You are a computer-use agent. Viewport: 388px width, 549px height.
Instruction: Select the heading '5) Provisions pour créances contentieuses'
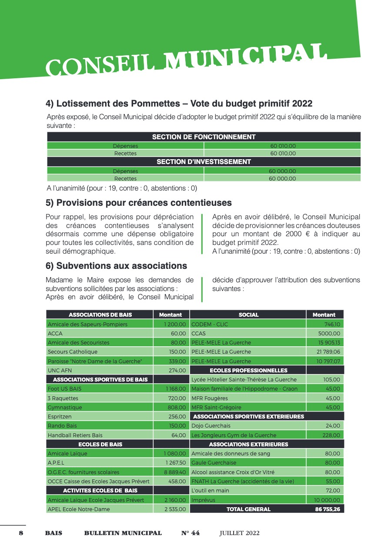[139, 203]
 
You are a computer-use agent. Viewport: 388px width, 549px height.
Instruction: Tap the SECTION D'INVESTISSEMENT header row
[204, 162]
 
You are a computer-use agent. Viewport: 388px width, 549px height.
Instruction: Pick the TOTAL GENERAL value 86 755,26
[328, 509]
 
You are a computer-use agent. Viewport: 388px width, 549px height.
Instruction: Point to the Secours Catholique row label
[73, 351]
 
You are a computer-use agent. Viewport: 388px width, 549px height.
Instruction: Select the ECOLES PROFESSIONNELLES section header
[248, 370]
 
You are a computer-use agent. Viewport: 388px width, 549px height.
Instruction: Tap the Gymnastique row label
[65, 408]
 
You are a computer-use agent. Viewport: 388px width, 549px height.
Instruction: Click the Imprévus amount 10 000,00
[327, 500]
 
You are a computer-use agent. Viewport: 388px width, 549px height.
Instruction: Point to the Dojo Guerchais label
[211, 425]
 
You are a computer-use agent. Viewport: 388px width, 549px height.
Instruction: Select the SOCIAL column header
[248, 315]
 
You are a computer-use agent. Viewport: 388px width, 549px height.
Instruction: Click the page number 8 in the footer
[21, 533]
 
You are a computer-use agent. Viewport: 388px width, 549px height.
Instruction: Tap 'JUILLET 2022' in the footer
[239, 533]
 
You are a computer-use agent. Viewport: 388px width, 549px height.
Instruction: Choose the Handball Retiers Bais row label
[75, 435]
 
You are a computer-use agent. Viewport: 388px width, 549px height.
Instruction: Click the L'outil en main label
[210, 490]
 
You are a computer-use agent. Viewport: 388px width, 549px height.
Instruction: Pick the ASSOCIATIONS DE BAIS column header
[100, 315]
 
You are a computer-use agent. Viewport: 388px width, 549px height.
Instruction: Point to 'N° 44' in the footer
[191, 533]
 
